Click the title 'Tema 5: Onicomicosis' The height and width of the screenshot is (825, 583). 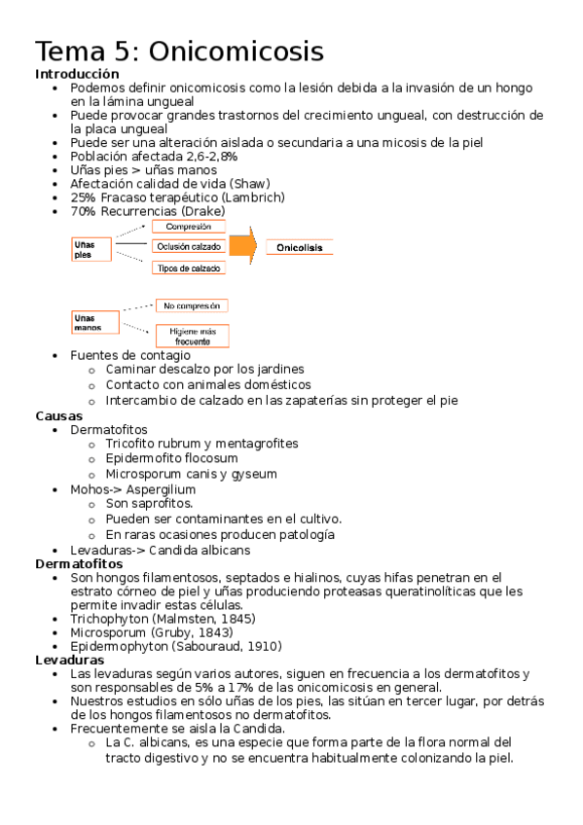pyautogui.click(x=179, y=51)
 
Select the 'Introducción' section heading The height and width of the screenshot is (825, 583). pyautogui.click(x=77, y=74)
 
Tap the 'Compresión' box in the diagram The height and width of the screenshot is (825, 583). pyautogui.click(x=188, y=227)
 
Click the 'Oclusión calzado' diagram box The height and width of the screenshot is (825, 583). pyautogui.click(x=188, y=246)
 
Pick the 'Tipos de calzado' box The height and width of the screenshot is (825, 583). pyautogui.click(x=188, y=268)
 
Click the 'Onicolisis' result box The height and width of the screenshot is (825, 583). pyautogui.click(x=299, y=247)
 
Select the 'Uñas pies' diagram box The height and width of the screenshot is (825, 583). pyautogui.click(x=91, y=249)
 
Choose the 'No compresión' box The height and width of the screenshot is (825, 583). pyautogui.click(x=192, y=305)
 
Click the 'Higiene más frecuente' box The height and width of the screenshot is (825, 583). pyautogui.click(x=192, y=336)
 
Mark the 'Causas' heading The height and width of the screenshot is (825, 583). pyautogui.click(x=58, y=415)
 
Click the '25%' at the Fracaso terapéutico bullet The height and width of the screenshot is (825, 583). pyautogui.click(x=83, y=197)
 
